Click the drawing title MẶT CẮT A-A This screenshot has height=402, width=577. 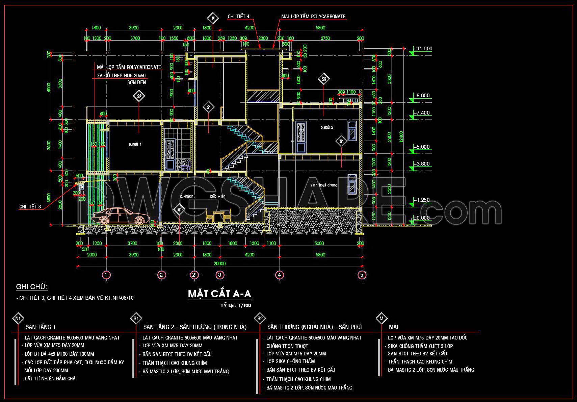219,294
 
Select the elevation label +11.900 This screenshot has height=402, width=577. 422,49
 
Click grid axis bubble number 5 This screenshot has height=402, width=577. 362,275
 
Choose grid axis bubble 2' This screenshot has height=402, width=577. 194,275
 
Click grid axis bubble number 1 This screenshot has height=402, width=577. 106,275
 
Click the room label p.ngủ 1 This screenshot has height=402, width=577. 135,144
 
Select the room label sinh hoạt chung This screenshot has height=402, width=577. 323,185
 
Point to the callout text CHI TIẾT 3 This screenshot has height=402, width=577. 30,206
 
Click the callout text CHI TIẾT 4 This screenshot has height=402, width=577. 238,16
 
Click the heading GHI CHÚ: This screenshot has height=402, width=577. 32,287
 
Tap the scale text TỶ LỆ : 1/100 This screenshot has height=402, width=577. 236,306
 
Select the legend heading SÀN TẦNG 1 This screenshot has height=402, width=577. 41,327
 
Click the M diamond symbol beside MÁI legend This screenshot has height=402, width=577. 382,318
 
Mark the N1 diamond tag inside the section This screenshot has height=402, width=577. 179,210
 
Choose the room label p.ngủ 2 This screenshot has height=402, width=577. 327,127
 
